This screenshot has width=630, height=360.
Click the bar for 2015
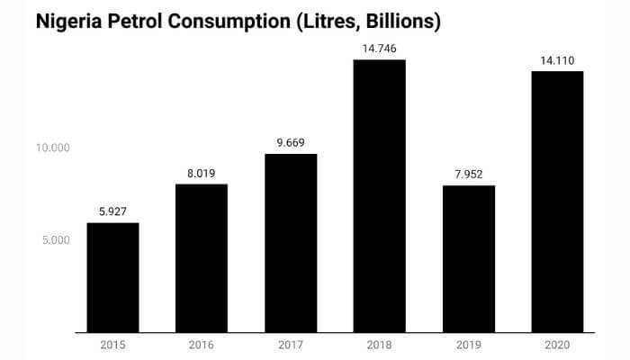112,277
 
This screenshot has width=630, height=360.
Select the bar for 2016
202,258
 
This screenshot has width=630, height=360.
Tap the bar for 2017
291,243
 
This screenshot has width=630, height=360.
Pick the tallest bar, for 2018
379,196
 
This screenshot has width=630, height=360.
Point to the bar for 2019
468,259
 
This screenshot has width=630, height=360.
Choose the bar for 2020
557,202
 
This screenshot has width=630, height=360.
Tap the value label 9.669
291,143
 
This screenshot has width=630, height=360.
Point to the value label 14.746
379,49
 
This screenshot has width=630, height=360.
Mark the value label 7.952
468,175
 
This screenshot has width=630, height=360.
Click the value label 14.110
557,60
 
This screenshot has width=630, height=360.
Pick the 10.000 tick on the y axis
53,148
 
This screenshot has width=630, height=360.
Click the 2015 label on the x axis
112,345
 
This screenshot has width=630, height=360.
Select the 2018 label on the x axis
379,345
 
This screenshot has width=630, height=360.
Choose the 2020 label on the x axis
557,345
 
